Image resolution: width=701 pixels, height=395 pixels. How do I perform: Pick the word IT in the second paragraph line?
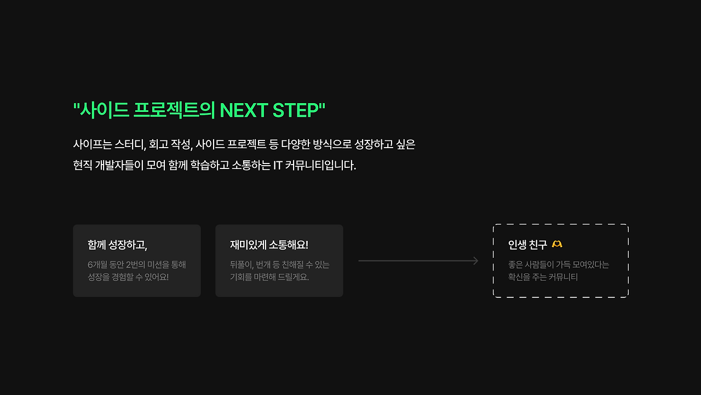[x=277, y=165]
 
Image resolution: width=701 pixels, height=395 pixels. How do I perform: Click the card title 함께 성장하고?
[x=117, y=245]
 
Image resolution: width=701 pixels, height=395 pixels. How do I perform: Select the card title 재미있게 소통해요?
[x=269, y=245]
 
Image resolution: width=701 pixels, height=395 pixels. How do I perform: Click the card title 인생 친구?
[x=527, y=244]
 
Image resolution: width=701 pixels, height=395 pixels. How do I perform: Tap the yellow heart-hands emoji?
[x=557, y=244]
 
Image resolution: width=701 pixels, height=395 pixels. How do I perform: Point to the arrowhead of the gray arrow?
[x=476, y=261]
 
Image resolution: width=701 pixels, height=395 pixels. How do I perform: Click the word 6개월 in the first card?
[x=98, y=264]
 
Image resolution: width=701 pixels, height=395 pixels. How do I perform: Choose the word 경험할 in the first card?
[x=125, y=277]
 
